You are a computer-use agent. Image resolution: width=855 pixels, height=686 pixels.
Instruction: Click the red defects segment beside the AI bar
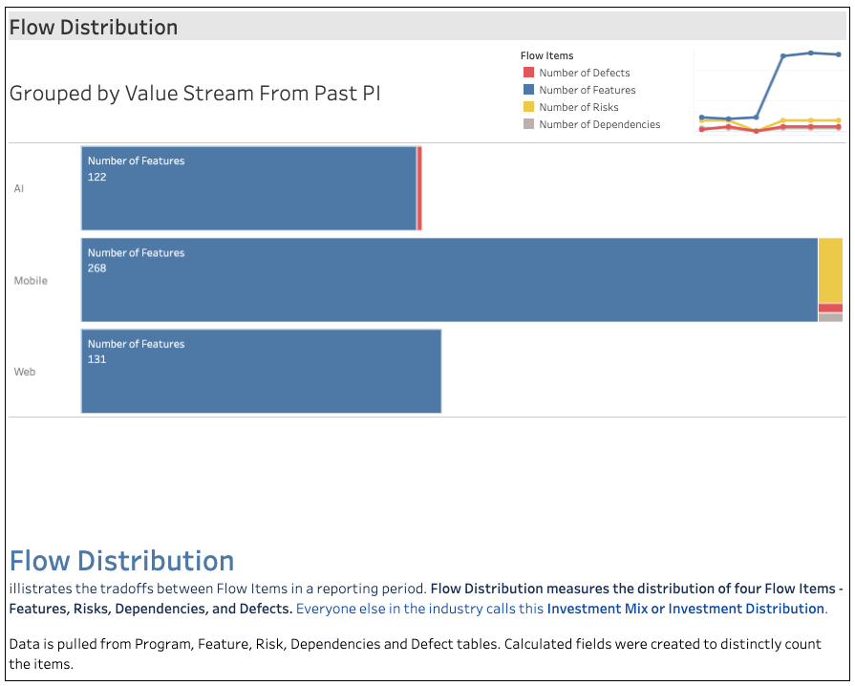point(419,188)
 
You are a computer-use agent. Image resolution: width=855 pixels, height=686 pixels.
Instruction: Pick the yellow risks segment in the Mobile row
point(830,270)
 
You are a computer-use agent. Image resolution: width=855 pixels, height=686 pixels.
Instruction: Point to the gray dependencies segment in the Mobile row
point(830,317)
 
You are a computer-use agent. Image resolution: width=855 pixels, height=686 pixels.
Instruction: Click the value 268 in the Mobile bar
point(97,268)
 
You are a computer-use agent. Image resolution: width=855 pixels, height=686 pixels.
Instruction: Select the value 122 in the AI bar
point(97,177)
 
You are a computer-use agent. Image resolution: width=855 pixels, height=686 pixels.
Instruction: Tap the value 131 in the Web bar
point(97,359)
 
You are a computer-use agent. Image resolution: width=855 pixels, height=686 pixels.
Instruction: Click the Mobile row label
point(31,281)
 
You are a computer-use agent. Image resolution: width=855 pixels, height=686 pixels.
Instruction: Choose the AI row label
point(19,189)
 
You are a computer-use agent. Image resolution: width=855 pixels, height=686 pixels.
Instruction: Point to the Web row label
point(25,372)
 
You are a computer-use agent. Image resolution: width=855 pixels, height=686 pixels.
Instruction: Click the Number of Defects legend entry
point(584,73)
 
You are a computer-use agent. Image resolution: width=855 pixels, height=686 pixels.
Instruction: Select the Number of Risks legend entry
point(578,107)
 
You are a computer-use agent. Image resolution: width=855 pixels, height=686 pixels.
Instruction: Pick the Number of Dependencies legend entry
point(599,124)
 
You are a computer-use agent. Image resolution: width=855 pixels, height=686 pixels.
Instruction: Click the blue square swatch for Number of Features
point(528,90)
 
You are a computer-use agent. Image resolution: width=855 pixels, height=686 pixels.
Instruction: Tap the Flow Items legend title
point(546,55)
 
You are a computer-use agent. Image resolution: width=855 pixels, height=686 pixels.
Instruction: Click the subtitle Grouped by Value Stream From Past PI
point(195,94)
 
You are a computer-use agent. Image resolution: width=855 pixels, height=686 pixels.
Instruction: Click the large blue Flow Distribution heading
point(121,561)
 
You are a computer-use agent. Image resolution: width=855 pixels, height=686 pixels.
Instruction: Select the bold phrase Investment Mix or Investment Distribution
point(685,609)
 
